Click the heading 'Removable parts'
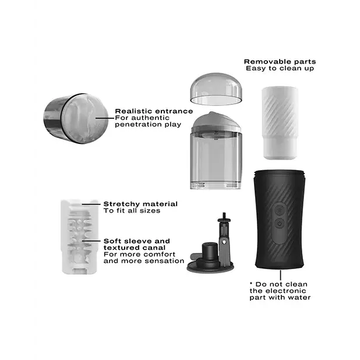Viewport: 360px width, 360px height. pyautogui.click(x=280, y=61)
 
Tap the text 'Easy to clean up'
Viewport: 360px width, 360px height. pyautogui.click(x=280, y=69)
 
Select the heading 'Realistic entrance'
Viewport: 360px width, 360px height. pyautogui.click(x=154, y=111)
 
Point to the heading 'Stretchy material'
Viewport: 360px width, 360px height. pyautogui.click(x=140, y=204)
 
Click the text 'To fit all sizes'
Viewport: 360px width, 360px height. pyautogui.click(x=132, y=211)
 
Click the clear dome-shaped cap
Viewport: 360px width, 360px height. pyautogui.click(x=216, y=89)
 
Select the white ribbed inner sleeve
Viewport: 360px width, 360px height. pyautogui.click(x=277, y=122)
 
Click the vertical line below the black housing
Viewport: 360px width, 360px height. pyautogui.click(x=280, y=274)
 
